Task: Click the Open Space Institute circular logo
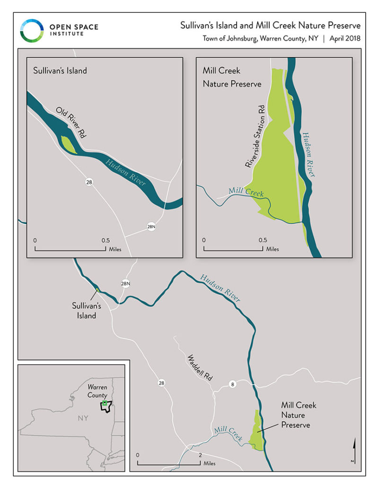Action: coord(32,31)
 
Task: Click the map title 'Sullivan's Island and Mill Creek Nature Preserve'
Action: coord(270,26)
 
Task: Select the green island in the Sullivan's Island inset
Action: coord(69,144)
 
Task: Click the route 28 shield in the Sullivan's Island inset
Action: coord(89,182)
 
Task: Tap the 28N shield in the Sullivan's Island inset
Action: coord(151,227)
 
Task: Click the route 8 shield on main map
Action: coord(232,383)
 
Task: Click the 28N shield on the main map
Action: coord(125,284)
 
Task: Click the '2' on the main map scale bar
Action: coord(201,455)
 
